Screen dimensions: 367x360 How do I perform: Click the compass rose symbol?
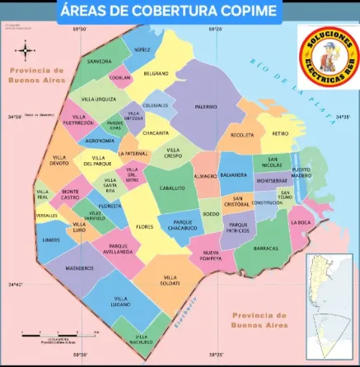point(26,52)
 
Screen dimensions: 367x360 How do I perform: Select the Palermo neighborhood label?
point(206,106)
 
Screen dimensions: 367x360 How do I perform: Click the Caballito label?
point(171,188)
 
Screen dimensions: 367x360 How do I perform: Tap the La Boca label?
point(302,221)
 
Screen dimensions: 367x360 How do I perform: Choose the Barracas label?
point(266,248)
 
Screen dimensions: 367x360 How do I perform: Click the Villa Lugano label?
point(121,300)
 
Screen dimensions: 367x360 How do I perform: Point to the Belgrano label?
point(156,73)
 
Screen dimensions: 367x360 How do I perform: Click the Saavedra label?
point(100,61)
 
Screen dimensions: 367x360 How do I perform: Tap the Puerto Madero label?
point(302,173)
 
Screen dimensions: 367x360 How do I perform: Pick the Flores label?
point(145,226)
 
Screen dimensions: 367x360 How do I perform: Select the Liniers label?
point(51,239)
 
